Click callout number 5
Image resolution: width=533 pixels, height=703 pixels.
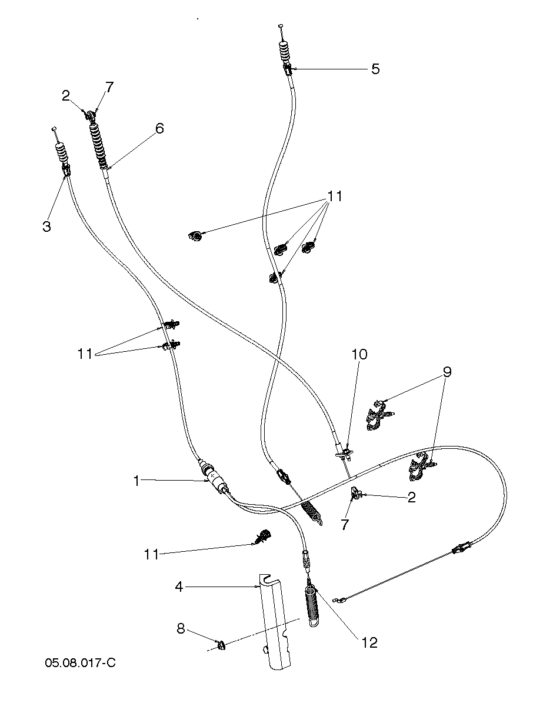point(375,69)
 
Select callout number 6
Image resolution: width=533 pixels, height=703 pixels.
point(160,128)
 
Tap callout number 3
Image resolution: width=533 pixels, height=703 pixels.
point(47,226)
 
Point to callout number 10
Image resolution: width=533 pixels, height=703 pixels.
point(359,354)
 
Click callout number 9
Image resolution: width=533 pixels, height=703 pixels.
point(447,372)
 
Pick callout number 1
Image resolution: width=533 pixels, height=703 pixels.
point(136,481)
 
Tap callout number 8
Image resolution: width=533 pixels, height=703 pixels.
point(181,629)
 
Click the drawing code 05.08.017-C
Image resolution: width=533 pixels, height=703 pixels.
point(80,663)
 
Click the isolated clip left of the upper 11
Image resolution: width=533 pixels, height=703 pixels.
point(196,236)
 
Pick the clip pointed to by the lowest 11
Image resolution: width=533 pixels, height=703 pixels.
point(264,535)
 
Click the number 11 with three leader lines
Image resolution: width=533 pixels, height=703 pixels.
point(335,196)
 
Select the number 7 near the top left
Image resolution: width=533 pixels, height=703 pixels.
point(109,87)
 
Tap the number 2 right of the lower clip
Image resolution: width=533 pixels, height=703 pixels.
point(411,498)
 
